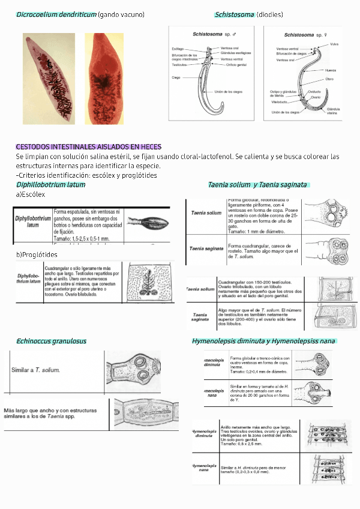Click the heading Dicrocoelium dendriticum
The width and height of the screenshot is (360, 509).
[56, 14]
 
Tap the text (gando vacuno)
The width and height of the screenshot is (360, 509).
[121, 14]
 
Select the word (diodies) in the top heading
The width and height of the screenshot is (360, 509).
[269, 14]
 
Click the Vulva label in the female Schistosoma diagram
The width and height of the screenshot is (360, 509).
[334, 44]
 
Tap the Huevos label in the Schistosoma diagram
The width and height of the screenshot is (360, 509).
[330, 70]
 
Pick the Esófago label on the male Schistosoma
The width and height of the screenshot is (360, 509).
[178, 48]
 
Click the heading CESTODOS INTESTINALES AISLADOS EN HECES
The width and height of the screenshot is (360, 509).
[88, 147]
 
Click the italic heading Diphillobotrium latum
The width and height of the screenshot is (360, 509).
[50, 185]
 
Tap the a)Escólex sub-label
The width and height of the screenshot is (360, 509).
[31, 194]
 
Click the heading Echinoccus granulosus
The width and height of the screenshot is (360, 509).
[51, 341]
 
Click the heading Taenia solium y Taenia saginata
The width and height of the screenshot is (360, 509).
[257, 185]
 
